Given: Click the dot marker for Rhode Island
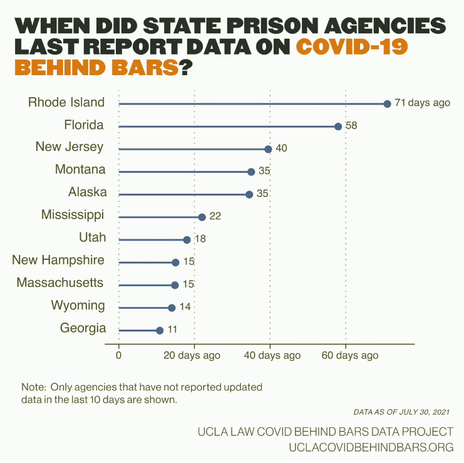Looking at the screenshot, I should pos(387,103).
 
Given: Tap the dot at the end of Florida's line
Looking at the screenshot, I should pos(338,126).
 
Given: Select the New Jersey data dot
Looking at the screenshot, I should pos(268,149).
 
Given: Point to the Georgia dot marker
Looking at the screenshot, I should pos(160,330).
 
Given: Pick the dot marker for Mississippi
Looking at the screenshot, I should pos(202,217).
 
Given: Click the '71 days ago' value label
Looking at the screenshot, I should pos(422,103).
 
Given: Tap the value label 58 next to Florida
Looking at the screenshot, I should pos(351,126).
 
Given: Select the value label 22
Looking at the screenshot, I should pos(215,217).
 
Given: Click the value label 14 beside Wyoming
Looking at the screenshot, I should pos(185,308).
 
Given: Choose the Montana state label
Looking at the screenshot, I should pos(80,170).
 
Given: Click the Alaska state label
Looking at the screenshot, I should pos(87,192).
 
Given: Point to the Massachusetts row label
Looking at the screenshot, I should pos(60,283).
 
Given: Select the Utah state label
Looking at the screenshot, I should pos(92,237).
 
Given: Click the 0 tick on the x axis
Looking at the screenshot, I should pos(119,356).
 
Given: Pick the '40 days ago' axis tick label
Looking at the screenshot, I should pos(271,356).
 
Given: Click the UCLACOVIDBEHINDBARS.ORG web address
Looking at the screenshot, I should pos(371,447).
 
